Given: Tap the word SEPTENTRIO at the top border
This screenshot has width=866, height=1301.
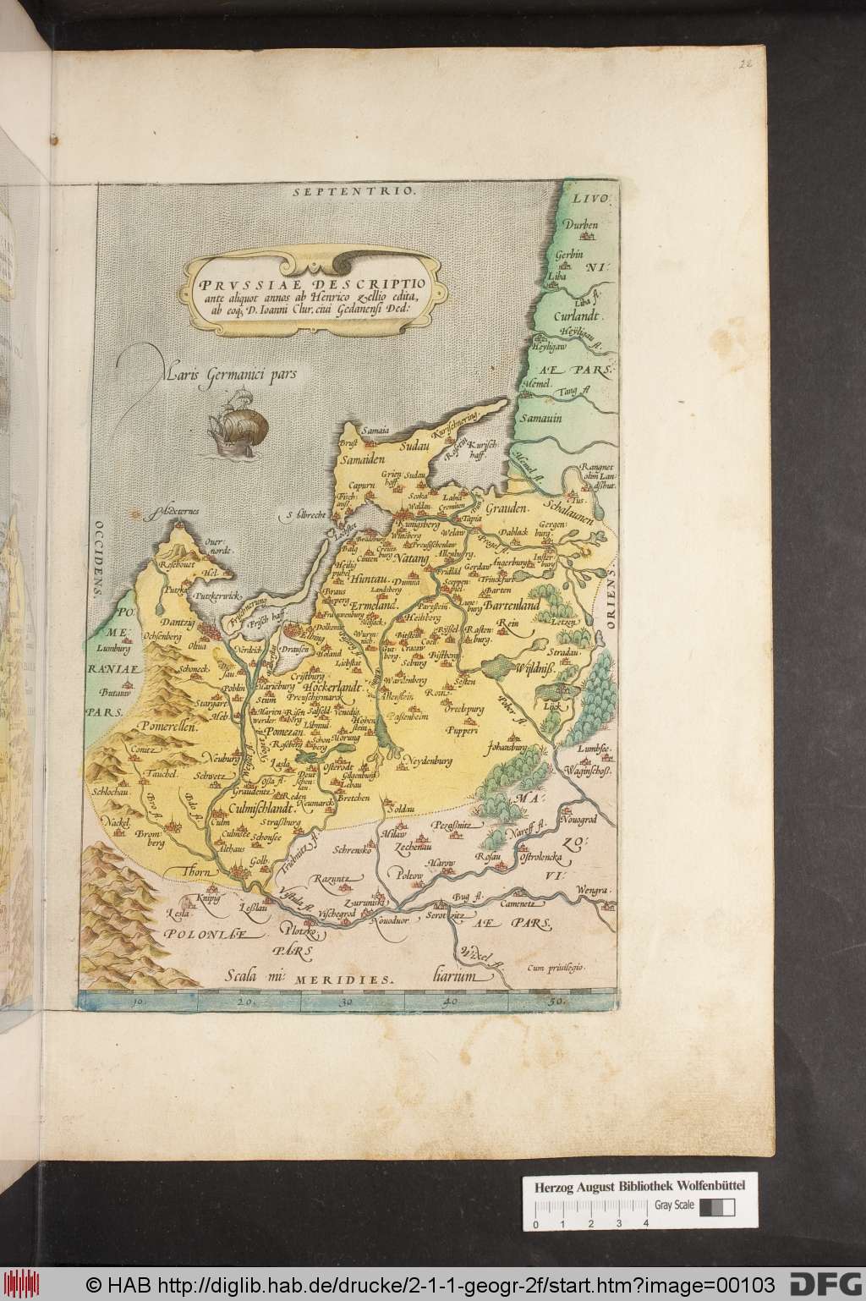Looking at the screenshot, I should click(355, 192).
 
